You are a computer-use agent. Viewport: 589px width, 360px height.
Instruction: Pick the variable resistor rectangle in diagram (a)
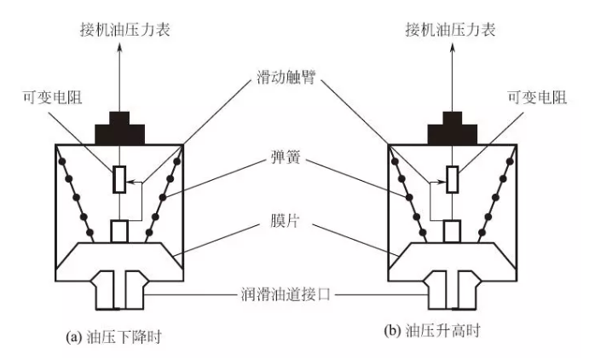pos(121,179)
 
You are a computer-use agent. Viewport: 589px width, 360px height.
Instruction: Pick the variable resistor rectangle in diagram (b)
pos(453,179)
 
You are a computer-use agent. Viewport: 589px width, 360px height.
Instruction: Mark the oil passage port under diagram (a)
pos(121,290)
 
